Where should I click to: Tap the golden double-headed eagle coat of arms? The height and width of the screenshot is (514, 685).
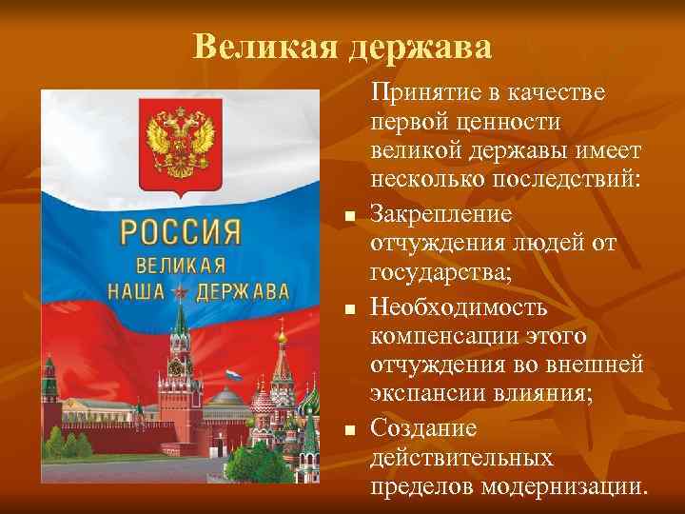click(x=175, y=144)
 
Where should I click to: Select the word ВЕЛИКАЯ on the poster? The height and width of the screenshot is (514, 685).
click(x=181, y=266)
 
